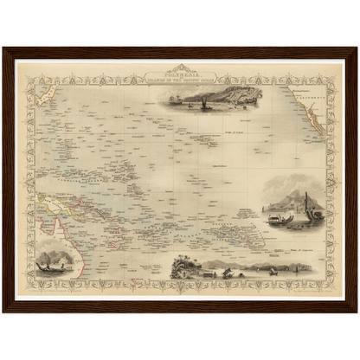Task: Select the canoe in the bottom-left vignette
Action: coord(56,267)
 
